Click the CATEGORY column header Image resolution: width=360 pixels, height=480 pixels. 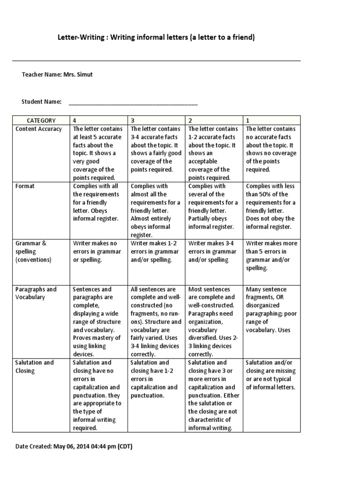click(41, 120)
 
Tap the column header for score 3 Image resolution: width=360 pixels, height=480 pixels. click(133, 120)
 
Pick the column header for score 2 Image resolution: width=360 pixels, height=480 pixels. click(190, 120)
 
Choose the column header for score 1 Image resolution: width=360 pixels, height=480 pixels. click(248, 120)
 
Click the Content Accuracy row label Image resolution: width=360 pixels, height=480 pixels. click(38, 129)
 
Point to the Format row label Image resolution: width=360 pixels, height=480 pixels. click(25, 186)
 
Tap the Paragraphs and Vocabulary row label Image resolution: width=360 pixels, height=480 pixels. click(36, 293)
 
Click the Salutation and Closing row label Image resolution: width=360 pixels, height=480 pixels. click(34, 367)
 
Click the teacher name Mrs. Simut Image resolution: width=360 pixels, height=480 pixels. click(81, 75)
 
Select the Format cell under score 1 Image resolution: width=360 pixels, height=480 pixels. click(271, 206)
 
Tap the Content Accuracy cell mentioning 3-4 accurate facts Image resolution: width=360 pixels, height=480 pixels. click(156, 149)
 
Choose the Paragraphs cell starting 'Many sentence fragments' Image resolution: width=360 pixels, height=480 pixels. click(271, 309)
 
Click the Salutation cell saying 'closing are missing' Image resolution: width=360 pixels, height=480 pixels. click(271, 375)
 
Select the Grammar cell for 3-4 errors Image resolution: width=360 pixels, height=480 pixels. click(213, 251)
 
